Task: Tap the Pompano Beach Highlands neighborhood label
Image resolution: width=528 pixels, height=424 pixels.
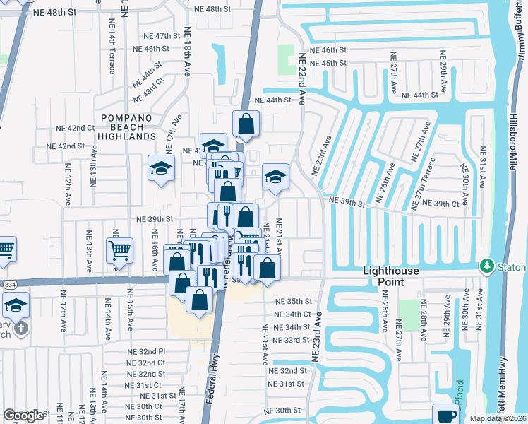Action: coord(128,126)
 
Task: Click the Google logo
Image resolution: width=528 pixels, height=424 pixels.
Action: coord(23,416)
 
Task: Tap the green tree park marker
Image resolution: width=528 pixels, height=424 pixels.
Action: coord(486,266)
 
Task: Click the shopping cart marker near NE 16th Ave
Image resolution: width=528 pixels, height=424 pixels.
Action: coord(119,249)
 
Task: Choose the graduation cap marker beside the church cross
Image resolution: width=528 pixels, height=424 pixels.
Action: coord(16,305)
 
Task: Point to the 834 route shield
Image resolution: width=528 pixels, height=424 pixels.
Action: coord(8,284)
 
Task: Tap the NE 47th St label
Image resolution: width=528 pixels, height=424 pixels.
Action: coord(159,36)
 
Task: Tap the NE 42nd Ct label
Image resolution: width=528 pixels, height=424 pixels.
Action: coord(76,128)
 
